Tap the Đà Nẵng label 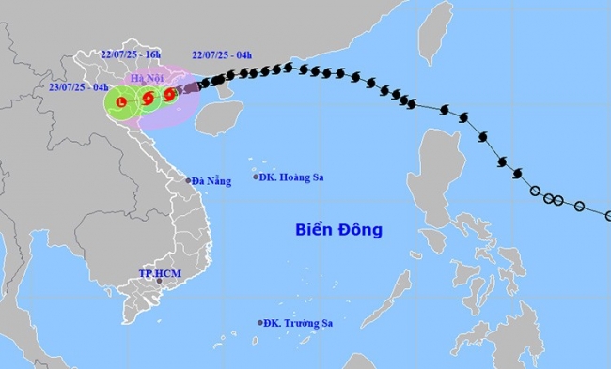(208, 180)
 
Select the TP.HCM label (159, 272)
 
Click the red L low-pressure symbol (120, 100)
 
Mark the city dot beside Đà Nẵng (189, 180)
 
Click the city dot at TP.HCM (160, 281)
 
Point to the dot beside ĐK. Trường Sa (260, 323)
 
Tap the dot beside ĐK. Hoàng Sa (256, 177)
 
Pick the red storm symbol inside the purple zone (169, 94)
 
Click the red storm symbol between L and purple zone (149, 97)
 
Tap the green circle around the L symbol (120, 115)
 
